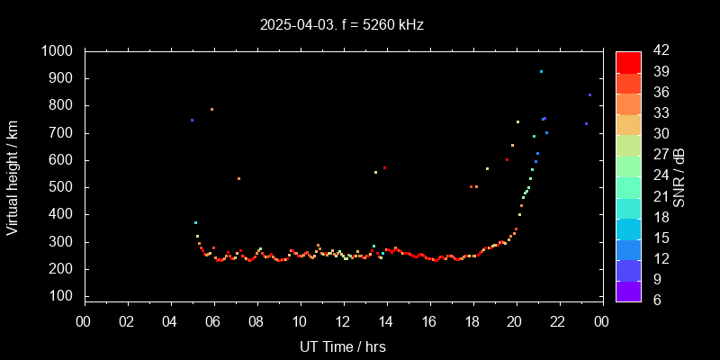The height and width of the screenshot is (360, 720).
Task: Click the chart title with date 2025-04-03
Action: [342, 25]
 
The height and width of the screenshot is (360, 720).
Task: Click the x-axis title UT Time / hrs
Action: [343, 346]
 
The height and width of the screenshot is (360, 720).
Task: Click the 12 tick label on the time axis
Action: [343, 320]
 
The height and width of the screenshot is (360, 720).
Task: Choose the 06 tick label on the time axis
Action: [213, 320]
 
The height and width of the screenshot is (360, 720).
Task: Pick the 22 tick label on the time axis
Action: [558, 320]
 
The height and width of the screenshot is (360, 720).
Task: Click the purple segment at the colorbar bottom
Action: [628, 290]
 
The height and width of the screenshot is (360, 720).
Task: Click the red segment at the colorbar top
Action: [628, 61]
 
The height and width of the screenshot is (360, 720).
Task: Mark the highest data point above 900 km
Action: [541, 71]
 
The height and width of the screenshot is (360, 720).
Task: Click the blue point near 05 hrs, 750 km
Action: [192, 120]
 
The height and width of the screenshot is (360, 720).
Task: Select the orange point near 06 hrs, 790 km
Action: [211, 109]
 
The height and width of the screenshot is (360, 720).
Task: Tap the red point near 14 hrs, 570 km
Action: [384, 167]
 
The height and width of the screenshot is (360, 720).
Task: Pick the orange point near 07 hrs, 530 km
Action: [238, 178]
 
